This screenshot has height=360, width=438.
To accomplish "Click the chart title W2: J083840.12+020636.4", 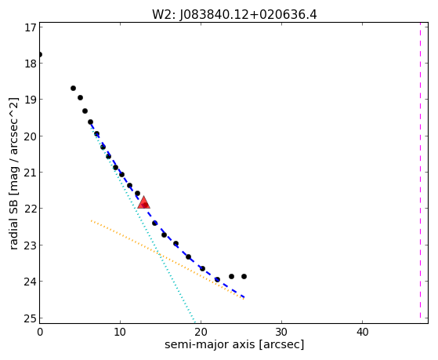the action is (234, 15).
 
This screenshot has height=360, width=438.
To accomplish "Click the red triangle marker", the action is (143, 203).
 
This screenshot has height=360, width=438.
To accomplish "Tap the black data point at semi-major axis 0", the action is (40, 54).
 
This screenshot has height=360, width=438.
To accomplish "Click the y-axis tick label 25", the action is (31, 318).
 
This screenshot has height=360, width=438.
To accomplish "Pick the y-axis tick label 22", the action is (31, 209).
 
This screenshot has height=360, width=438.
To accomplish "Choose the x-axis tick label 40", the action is (362, 332).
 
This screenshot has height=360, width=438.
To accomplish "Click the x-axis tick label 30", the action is (281, 332).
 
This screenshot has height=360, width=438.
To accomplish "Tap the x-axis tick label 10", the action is (120, 332).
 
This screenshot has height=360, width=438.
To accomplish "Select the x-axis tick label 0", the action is (40, 332).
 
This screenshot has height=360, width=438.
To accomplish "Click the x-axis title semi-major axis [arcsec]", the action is (234, 344).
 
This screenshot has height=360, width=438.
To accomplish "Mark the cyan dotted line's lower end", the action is (194, 322).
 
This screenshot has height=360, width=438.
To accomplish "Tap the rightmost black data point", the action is (244, 276).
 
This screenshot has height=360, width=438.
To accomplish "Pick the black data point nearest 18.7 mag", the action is (73, 88).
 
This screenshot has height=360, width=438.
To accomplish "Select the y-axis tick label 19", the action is (31, 100).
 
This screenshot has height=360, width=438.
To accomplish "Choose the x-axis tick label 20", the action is (201, 332).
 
